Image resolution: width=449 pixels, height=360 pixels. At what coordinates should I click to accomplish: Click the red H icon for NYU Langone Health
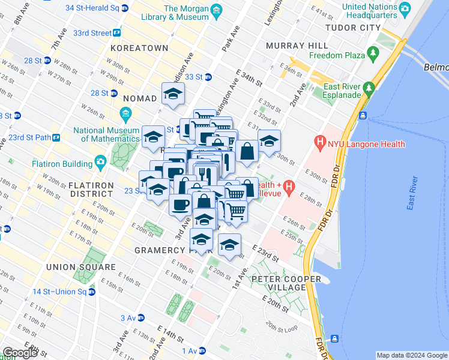(318, 144)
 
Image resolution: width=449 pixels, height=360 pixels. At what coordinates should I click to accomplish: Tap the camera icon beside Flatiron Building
(100, 162)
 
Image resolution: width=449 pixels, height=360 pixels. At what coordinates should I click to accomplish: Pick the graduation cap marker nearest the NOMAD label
(173, 94)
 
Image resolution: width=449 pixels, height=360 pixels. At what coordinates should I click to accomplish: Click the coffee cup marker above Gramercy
(180, 205)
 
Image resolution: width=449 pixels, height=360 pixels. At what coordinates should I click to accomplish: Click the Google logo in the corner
(20, 353)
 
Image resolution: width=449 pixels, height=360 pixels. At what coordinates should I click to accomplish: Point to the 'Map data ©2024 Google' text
(412, 355)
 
